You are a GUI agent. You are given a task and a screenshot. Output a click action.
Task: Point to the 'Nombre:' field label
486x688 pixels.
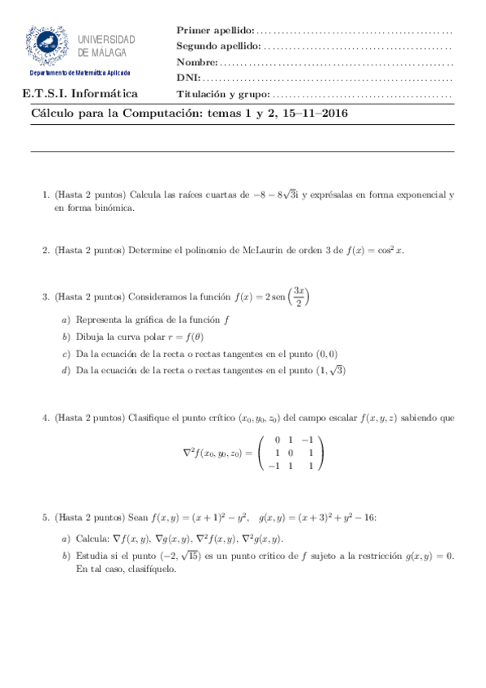[x=197, y=62]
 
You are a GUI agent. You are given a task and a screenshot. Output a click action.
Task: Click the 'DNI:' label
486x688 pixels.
[x=188, y=79]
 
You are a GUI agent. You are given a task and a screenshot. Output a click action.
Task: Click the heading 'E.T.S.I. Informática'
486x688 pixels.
[x=80, y=93]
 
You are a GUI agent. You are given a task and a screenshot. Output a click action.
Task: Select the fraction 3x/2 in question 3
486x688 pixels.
[x=299, y=297]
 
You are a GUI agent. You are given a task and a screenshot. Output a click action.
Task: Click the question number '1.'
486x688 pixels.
[x=45, y=195]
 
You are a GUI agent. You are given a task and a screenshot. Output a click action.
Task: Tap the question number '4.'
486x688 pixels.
[x=45, y=419]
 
